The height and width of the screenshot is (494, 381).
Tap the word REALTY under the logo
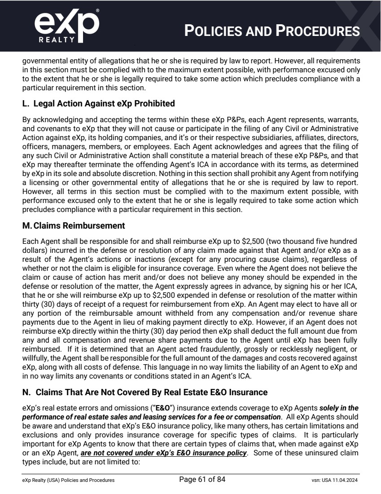click(x=57, y=40)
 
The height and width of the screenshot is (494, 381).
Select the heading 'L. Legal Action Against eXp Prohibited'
click(x=98, y=104)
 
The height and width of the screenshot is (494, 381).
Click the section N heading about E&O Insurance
click(x=145, y=393)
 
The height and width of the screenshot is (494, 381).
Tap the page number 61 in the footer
click(x=202, y=480)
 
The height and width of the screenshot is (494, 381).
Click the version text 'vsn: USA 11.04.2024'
click(x=331, y=480)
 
